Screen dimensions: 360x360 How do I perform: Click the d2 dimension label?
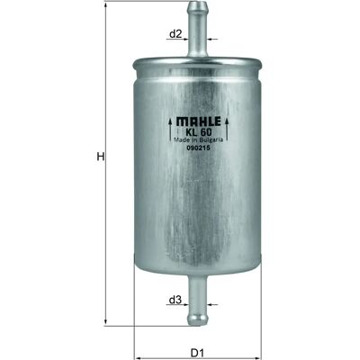point(175,34)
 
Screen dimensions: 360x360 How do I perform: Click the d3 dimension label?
point(175,300)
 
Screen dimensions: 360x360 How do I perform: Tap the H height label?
point(101,157)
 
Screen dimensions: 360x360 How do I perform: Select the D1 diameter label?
point(197,353)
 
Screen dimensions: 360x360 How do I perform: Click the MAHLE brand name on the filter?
point(198,121)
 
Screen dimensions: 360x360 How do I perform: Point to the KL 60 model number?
point(198,131)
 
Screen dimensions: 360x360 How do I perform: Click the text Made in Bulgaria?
point(198,139)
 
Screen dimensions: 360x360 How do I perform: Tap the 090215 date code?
point(198,148)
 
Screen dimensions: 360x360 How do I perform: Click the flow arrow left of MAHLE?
point(170,130)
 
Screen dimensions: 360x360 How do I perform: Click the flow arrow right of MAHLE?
point(227,130)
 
